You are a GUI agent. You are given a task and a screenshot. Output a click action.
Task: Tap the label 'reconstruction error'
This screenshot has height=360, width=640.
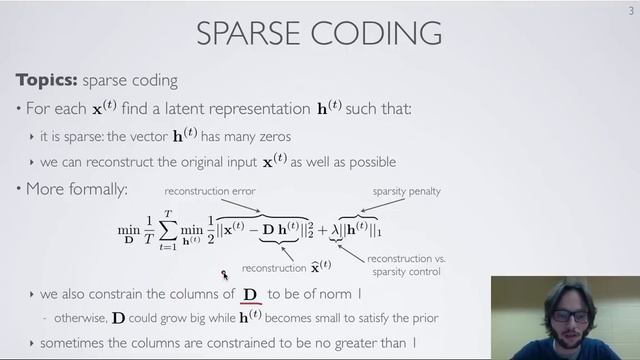tap(210, 191)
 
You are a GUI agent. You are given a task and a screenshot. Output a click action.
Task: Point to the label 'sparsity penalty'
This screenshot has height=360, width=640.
tap(407, 191)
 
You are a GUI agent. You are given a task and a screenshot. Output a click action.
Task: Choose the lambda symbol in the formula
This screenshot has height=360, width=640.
tap(335, 231)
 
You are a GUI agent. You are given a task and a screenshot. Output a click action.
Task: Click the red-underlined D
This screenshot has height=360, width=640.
tap(251, 295)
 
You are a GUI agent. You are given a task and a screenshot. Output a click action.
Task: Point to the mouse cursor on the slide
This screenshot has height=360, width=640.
tap(225, 274)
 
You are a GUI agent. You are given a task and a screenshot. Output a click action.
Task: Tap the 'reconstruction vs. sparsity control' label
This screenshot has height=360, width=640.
tap(409, 265)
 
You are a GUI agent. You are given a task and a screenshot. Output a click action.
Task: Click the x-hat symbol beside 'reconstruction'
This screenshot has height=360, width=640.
tap(323, 266)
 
